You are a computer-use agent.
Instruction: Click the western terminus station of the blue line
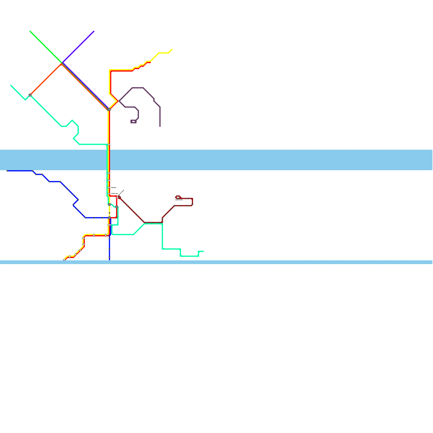(x=7, y=171)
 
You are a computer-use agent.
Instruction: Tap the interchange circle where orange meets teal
(x=30, y=95)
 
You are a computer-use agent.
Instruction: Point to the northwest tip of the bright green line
(x=30, y=31)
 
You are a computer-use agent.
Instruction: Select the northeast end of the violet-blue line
(x=94, y=31)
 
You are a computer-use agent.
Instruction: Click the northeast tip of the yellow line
(x=172, y=50)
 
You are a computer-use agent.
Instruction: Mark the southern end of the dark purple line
(x=160, y=126)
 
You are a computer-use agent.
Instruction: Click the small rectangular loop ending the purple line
(x=133, y=122)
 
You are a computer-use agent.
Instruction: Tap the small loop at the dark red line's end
(x=178, y=197)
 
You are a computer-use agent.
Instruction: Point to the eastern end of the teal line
(x=203, y=251)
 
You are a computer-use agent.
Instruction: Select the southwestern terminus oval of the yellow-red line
(x=64, y=260)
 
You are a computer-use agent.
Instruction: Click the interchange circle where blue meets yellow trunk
(x=109, y=218)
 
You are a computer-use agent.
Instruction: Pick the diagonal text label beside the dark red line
(x=121, y=192)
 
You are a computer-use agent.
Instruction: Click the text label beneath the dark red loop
(x=179, y=200)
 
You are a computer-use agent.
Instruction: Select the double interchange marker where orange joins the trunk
(x=109, y=109)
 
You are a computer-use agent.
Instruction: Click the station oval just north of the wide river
(x=109, y=145)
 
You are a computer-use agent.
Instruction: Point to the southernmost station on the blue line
(x=109, y=257)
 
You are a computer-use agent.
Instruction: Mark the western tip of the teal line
(x=11, y=86)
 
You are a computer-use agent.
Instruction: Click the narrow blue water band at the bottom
(x=216, y=262)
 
